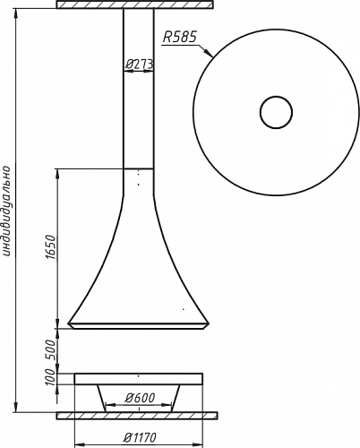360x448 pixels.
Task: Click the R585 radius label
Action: (180, 38)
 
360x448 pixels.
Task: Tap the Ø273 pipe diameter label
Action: (139, 64)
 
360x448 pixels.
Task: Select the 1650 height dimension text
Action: (51, 246)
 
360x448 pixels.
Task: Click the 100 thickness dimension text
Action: (51, 377)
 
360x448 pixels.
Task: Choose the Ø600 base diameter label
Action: (141, 398)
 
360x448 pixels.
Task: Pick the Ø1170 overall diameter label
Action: (140, 438)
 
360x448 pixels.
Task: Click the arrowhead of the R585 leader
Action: (209, 53)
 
